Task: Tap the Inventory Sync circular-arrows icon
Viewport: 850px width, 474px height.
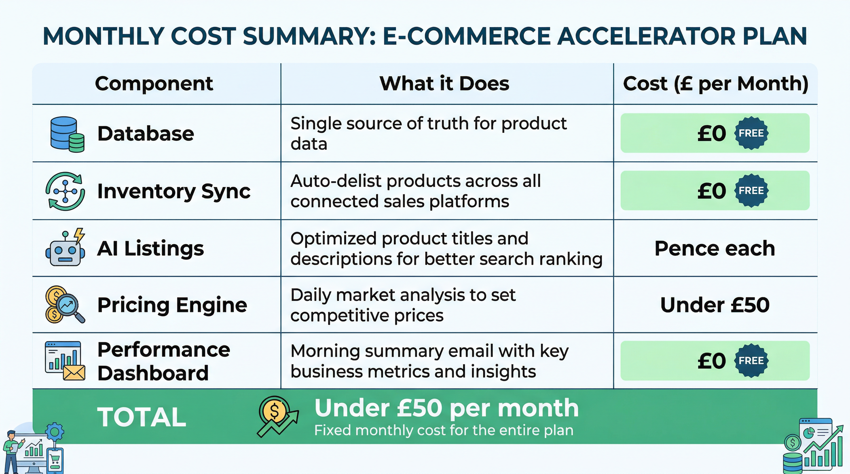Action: [65, 191]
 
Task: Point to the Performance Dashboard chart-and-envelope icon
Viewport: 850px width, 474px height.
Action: [65, 361]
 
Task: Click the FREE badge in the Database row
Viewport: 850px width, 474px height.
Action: [751, 133]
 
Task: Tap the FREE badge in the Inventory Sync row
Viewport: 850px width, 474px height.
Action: [751, 190]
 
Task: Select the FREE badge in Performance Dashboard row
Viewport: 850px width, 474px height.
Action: [751, 361]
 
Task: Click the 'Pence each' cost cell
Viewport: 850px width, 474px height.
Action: [715, 248]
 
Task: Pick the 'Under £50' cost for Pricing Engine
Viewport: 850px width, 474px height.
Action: [715, 305]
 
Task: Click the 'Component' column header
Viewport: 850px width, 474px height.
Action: [154, 83]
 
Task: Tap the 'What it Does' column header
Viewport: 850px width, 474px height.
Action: [444, 83]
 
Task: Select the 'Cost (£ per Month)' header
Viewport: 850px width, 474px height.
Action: [715, 83]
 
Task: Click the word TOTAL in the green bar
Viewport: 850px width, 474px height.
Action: [141, 417]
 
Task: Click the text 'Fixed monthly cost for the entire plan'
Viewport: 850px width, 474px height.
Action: [444, 430]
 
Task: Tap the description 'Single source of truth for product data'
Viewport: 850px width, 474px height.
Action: [428, 134]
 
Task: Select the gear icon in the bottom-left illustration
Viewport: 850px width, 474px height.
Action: [54, 431]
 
